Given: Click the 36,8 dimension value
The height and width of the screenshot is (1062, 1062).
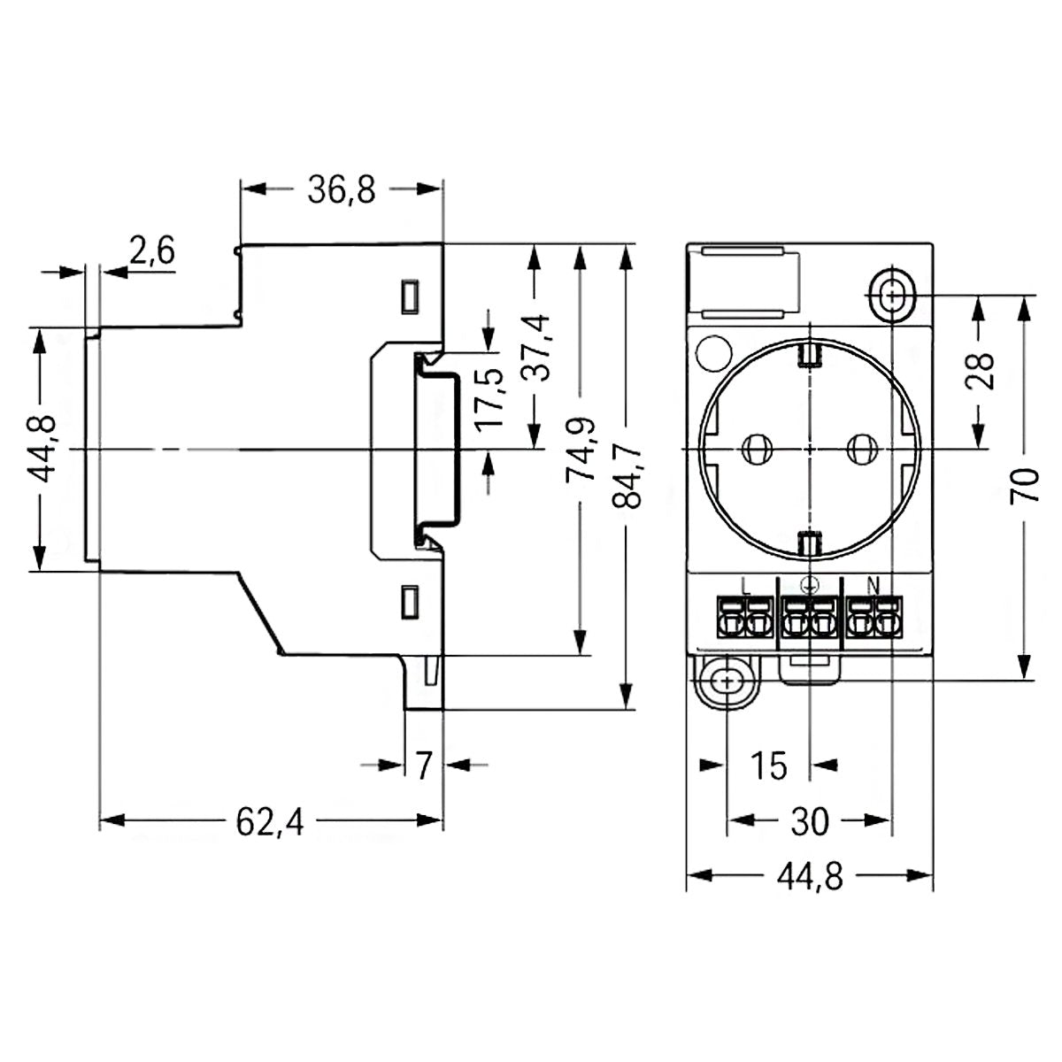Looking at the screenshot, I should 342,189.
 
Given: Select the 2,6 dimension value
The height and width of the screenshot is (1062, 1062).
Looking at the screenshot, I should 151,251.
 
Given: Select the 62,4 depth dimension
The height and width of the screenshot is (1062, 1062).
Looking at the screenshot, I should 270,822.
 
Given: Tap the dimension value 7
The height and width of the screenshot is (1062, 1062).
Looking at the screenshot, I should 423,765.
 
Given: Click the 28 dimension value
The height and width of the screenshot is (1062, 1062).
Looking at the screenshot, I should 980,371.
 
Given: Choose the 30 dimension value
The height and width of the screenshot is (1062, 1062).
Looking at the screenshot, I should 807,822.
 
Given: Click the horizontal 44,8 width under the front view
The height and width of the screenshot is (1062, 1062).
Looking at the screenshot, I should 810,877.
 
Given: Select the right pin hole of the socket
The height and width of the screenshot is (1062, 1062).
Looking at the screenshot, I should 859,450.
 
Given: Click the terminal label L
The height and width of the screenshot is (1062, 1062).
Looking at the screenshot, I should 744,584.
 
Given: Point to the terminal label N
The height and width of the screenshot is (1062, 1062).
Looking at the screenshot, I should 873,584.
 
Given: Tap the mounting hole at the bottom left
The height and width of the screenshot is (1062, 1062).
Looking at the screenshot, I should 727,681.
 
